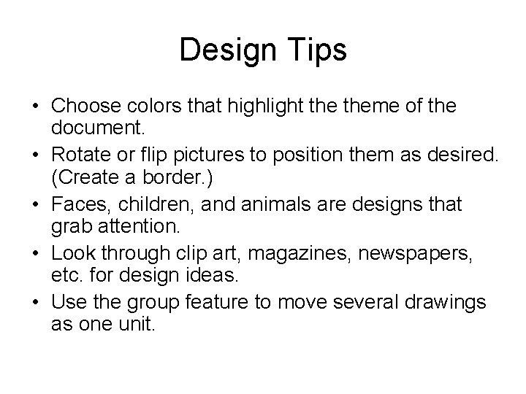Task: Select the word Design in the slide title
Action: click(226, 50)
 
